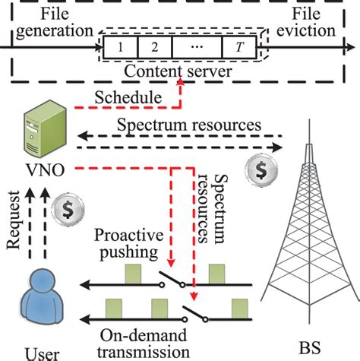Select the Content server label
[x=181, y=72]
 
